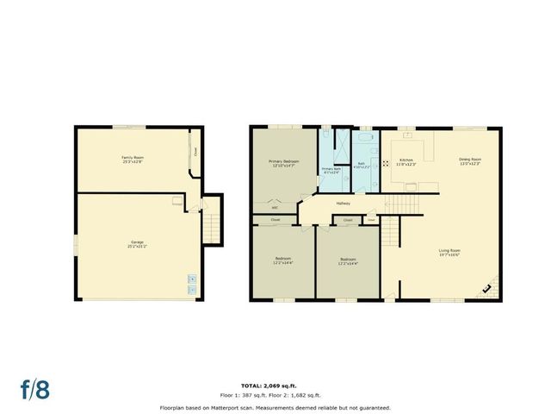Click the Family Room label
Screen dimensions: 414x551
pos(132,160)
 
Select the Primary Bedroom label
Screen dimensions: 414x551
pos(283,163)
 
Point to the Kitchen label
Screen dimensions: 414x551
pos(407,161)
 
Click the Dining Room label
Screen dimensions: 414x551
pos(469,161)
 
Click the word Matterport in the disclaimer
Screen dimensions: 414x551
pos(238,406)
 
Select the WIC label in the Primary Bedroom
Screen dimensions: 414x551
pos(275,208)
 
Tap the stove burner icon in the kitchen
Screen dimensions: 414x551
pos(385,161)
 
